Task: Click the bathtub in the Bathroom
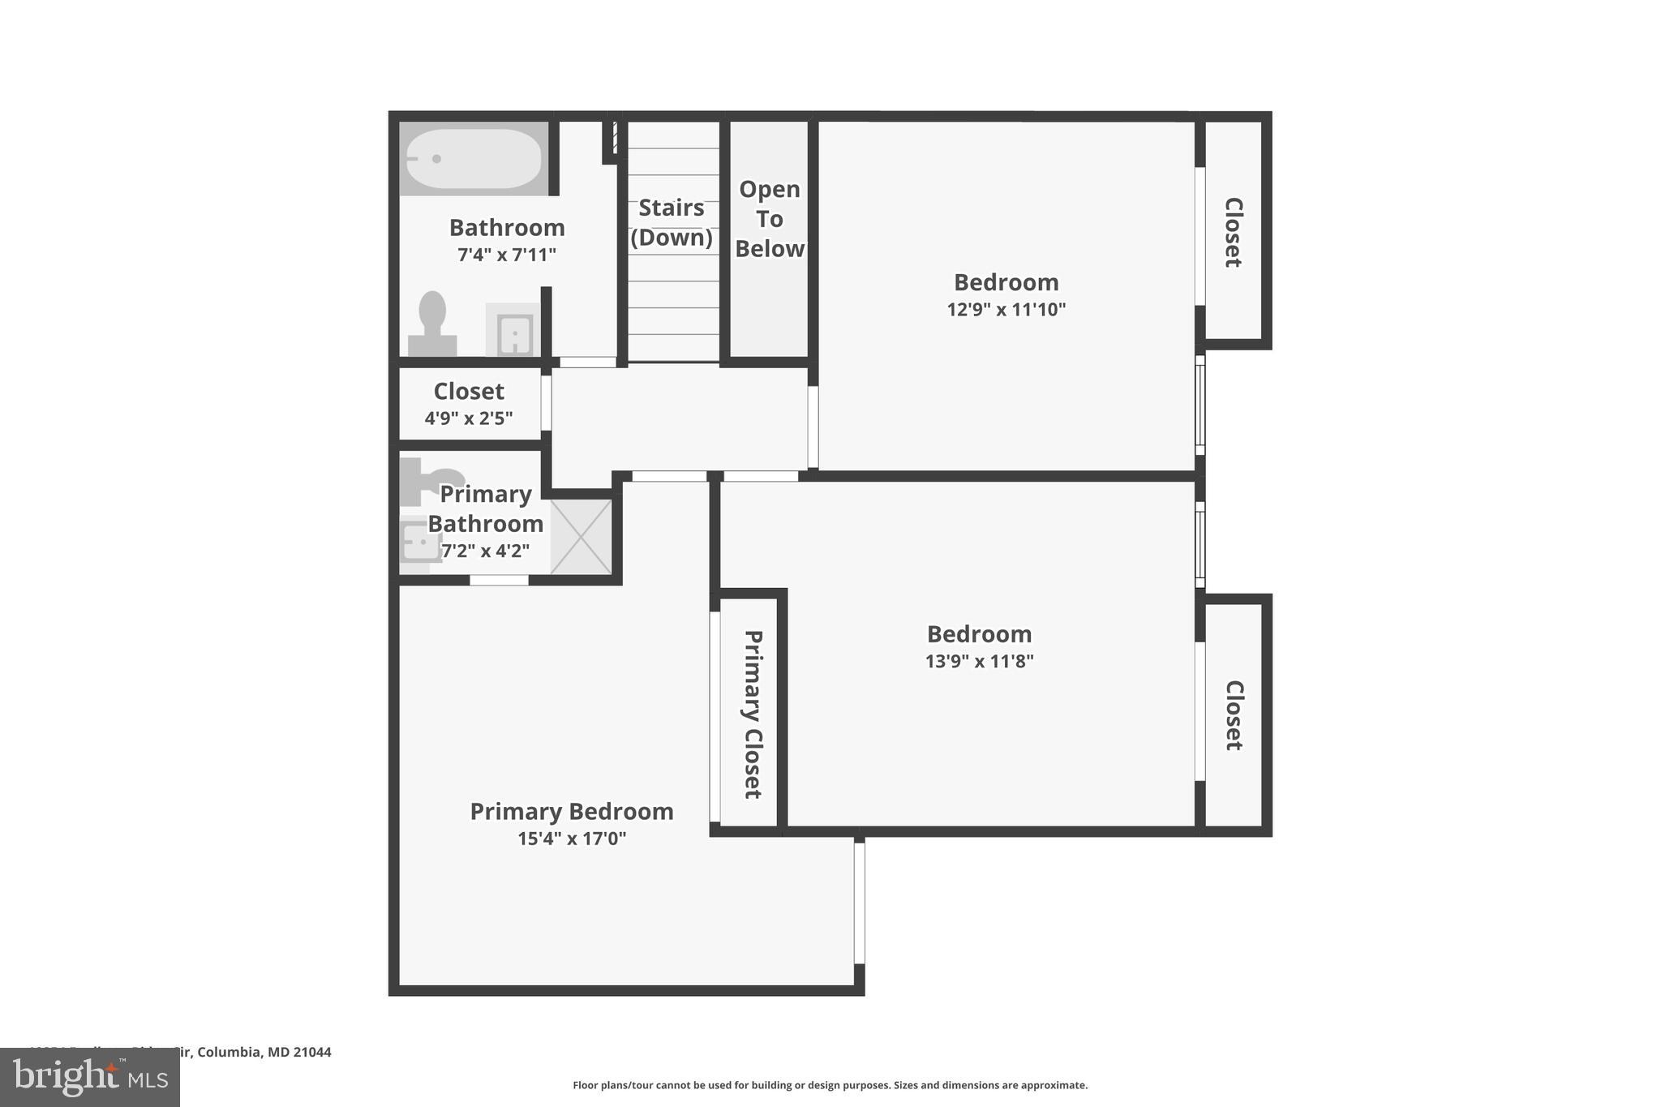[474, 159]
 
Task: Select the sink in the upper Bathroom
[513, 331]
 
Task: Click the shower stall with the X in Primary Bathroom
[582, 537]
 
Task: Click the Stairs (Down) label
[672, 222]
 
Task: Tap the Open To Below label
[770, 219]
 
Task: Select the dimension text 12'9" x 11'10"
[1006, 310]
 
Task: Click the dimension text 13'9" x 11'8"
[979, 661]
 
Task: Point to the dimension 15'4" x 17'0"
[572, 839]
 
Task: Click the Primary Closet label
[753, 714]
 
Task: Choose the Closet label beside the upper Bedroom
[1233, 232]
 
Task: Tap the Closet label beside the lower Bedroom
[1233, 715]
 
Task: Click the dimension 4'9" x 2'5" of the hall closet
[469, 418]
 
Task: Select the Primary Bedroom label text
[572, 811]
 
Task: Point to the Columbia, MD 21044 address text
[264, 1052]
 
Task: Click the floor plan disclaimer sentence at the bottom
[830, 1085]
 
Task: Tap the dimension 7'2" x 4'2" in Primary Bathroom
[485, 551]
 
